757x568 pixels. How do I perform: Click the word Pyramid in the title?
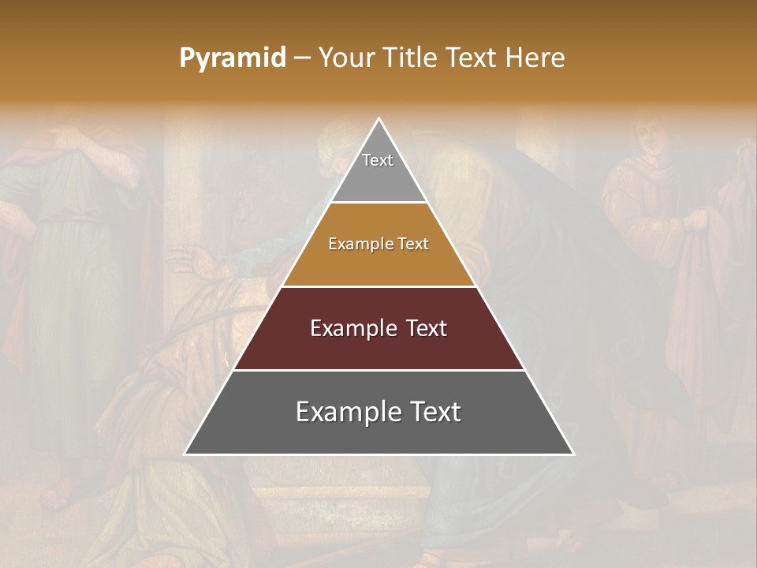(233, 58)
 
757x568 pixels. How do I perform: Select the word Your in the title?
(345, 58)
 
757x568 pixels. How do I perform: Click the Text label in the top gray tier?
(378, 160)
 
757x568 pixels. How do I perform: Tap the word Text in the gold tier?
(414, 245)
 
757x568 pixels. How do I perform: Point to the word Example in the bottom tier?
(346, 412)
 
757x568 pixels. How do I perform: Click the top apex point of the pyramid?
(379, 119)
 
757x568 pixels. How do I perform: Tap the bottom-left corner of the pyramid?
(185, 454)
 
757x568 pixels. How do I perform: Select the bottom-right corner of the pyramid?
(572, 454)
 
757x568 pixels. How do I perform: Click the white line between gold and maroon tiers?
(379, 286)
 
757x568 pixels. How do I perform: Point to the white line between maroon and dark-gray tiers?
(379, 370)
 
